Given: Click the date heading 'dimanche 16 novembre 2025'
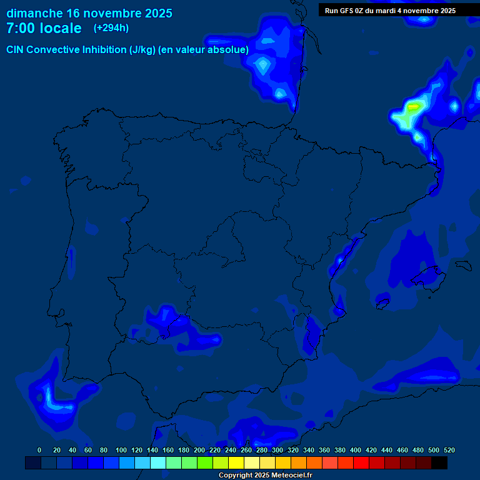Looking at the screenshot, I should coord(89,13).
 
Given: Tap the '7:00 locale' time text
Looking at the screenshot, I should coord(44,28).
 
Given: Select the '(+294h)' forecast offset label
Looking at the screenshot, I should coord(111,28).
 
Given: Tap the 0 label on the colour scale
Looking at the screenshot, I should coord(39,450).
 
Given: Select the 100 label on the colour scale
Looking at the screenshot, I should coord(121,450).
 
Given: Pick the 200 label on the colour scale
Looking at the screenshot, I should coord(199,450).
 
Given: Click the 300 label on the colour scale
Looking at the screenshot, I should coord(277,450).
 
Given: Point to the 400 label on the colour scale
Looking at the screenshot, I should coord(356,450).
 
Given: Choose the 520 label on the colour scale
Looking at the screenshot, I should coord(449,450).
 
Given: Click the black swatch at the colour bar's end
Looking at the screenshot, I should coord(439,463).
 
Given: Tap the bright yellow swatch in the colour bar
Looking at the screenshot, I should coord(236,463).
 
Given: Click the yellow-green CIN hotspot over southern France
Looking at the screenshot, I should coord(412,107).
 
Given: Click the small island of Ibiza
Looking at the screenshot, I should coord(381,304).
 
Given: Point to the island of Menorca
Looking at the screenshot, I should coord(463,266).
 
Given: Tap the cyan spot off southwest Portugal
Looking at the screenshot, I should coord(48,397).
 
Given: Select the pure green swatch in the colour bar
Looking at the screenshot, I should coord(205,463).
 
